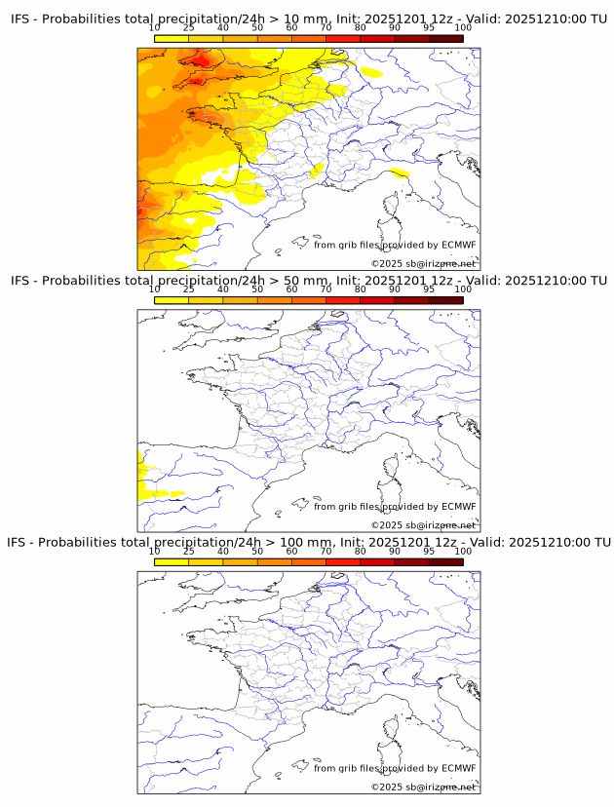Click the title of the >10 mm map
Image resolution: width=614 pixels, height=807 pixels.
coord(308,19)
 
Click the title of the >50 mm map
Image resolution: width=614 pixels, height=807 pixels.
coord(308,280)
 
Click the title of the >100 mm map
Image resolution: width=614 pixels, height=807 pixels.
coord(308,542)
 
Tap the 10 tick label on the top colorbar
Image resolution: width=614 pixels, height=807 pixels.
coord(155,28)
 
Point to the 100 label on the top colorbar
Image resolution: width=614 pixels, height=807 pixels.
coord(463,28)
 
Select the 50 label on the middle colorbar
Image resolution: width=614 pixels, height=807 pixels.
coord(257,289)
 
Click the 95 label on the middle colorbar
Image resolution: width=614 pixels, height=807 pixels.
coord(429,289)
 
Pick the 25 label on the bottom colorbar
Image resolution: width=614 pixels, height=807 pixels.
coord(189,552)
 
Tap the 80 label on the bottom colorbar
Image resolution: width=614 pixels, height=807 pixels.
coord(361,552)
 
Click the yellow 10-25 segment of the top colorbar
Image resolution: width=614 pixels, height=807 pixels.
coord(172,38)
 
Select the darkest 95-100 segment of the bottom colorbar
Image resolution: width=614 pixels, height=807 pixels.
coord(445,562)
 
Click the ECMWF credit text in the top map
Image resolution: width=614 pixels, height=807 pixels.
coord(395,245)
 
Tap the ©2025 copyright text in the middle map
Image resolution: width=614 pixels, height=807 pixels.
coord(423,525)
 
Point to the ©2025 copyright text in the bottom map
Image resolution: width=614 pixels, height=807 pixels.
coord(423,787)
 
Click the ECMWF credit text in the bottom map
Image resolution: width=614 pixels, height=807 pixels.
coord(395,768)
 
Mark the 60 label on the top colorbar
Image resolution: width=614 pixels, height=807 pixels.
coord(291,28)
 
